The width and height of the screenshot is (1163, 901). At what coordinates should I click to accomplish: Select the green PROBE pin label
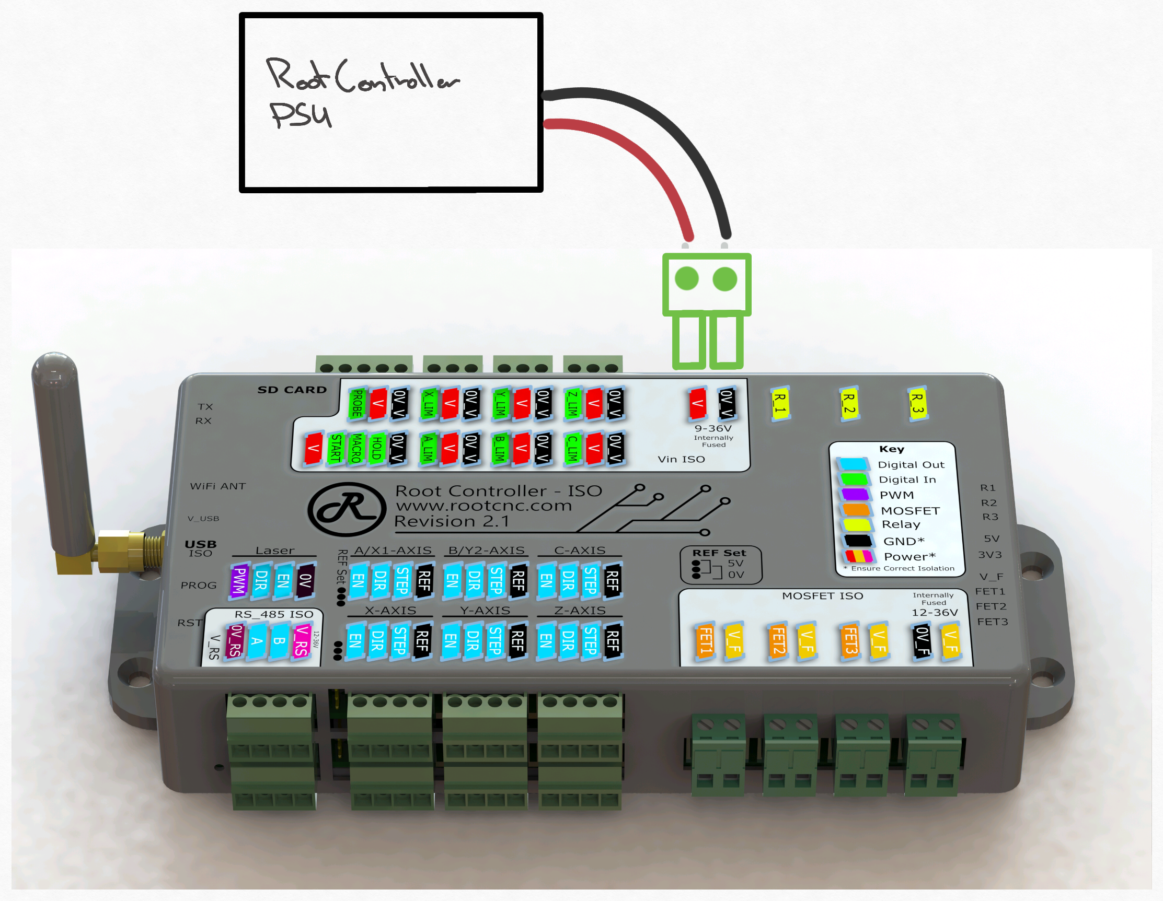[x=358, y=403]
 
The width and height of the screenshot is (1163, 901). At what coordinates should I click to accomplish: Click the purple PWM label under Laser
[x=239, y=580]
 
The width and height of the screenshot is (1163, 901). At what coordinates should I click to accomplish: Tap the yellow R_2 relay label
[x=849, y=403]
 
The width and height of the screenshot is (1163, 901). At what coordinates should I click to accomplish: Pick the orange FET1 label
[x=706, y=640]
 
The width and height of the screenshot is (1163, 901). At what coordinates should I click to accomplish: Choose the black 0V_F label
[x=923, y=640]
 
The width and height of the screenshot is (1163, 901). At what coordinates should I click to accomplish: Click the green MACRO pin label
[x=356, y=448]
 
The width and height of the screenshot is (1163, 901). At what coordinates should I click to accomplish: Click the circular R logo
[x=347, y=508]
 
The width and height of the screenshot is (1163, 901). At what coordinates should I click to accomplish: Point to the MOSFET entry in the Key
[x=910, y=510]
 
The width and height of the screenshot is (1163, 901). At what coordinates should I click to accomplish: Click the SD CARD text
[x=292, y=390]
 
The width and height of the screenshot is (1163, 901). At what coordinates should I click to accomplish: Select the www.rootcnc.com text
[x=483, y=506]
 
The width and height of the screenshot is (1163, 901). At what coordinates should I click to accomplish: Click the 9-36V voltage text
[x=713, y=428]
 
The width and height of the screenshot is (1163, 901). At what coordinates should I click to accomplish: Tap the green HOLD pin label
[x=376, y=448]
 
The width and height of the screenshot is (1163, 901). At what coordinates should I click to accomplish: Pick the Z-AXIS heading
[x=579, y=611]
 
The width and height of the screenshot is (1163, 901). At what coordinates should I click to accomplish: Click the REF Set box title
[x=719, y=553]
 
